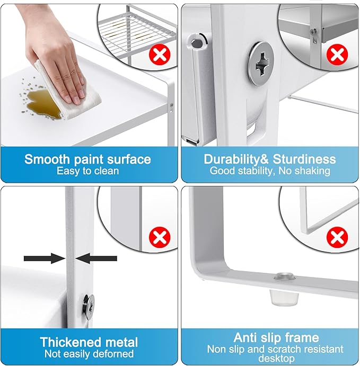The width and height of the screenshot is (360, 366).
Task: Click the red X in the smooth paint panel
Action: tap(160, 54)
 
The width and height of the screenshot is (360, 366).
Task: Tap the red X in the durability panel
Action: tap(337, 54)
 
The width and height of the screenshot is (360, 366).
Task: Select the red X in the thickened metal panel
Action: tap(160, 237)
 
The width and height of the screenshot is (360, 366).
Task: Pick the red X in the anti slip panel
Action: tap(337, 237)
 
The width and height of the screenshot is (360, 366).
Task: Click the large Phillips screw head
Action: tap(261, 63)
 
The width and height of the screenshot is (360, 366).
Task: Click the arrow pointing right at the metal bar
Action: tap(45, 258)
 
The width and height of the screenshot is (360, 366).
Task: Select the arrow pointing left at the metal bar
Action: tap(96, 258)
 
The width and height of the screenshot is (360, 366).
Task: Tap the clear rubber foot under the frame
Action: tap(285, 297)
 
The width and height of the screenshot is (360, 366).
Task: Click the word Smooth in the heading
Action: tap(47, 159)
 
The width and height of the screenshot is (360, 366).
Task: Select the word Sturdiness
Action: tap(304, 159)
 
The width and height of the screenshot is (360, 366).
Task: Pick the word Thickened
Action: tap(71, 342)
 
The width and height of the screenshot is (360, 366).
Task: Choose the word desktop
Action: tap(277, 358)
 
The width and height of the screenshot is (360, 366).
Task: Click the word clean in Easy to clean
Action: tap(107, 171)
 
